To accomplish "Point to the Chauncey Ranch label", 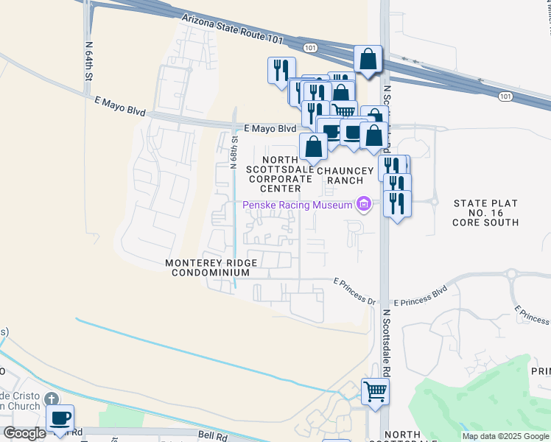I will click(340, 175).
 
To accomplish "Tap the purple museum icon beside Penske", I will click(362, 204).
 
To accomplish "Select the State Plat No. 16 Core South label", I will click(485, 212).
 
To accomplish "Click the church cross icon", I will click(51, 399).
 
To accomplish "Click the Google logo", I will click(24, 433).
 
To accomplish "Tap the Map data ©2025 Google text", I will click(505, 436).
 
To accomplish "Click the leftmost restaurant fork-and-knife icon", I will click(281, 70).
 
